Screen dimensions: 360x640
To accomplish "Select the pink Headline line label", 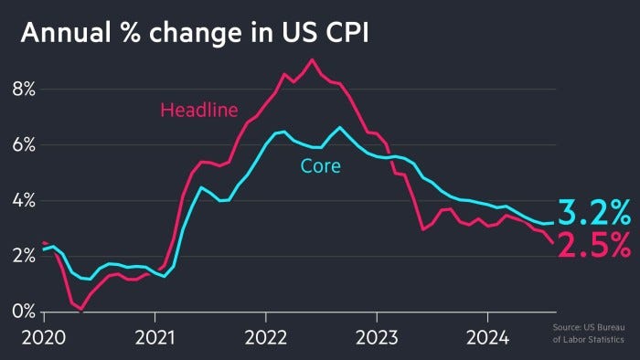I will coord(198,111).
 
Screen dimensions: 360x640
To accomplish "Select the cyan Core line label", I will coord(320,166).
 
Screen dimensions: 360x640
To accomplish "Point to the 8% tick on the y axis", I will coord(23,90).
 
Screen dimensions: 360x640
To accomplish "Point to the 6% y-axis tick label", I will coord(23,145).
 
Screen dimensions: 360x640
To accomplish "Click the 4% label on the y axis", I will coord(23,201).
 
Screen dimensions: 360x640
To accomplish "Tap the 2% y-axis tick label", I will coord(23,257).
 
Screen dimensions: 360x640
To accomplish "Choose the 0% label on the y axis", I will coord(23,312).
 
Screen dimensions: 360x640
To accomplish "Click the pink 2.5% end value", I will coord(594,245).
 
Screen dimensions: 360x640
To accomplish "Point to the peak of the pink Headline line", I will coord(313,60).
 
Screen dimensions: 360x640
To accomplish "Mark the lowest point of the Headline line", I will coord(80,311).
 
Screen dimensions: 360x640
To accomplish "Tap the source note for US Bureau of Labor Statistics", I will coord(591,334).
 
